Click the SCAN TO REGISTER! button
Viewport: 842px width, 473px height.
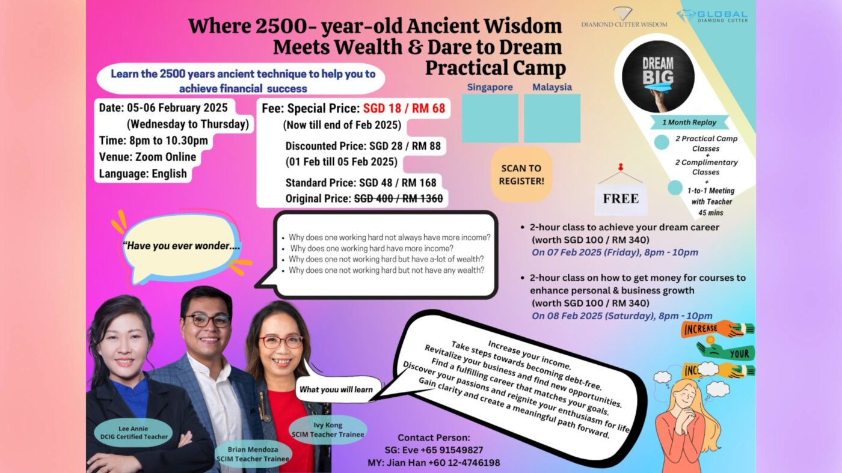pos(521,174)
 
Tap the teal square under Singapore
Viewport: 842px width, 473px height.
pos(490,118)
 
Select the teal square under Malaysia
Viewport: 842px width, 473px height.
pos(552,118)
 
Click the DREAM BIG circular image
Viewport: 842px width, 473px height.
pos(658,77)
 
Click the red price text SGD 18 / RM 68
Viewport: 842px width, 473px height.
pos(404,108)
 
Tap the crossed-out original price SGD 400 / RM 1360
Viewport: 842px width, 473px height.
pos(398,198)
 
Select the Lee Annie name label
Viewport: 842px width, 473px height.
pos(134,432)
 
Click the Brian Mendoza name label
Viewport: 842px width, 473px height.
pos(253,454)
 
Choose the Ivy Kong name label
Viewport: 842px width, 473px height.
pos(328,430)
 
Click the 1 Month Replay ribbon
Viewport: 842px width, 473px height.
pos(689,123)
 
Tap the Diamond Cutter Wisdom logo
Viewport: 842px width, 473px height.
pos(624,17)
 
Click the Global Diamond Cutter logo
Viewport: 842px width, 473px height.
pos(712,16)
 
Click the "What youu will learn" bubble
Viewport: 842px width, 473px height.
pos(336,389)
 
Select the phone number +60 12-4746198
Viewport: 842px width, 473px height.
pos(464,462)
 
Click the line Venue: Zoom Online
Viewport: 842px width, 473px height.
pos(147,157)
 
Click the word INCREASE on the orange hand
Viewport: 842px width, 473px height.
pos(700,329)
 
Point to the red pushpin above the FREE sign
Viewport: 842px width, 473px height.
pos(621,167)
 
